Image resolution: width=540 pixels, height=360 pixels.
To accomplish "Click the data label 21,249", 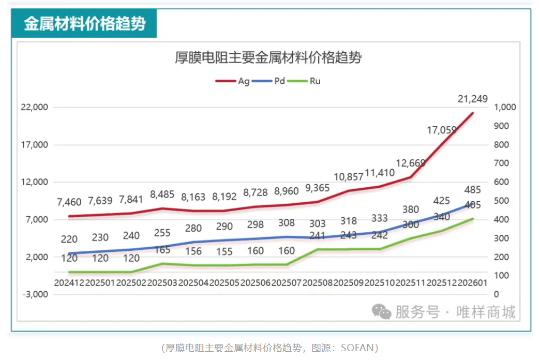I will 473,99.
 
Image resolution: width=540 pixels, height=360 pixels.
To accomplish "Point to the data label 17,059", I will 442,130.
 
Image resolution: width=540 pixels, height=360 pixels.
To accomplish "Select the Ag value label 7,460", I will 69,201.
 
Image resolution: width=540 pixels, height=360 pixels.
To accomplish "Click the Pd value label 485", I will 473,190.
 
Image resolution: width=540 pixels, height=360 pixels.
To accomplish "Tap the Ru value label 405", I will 473,205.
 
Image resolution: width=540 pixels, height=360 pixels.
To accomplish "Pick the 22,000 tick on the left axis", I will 34,108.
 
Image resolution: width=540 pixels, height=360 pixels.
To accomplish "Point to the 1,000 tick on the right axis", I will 505,108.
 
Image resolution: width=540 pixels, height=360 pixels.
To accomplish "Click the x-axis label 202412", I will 69,283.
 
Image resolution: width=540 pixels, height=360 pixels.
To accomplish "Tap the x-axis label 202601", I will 473,283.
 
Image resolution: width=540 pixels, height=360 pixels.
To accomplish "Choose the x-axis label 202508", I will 318,283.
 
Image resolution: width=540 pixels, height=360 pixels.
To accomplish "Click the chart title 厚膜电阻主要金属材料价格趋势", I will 268,58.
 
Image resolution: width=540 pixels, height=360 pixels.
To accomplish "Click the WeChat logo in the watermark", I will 383,311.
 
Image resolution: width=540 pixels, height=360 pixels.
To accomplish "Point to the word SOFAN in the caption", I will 357,348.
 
